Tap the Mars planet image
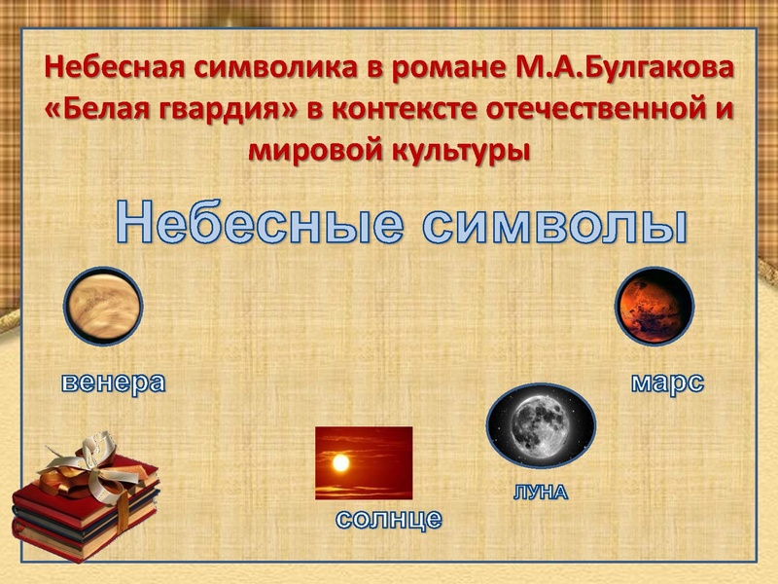point(654,307)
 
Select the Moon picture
point(541,425)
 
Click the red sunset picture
point(364,462)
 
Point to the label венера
point(113,381)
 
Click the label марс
point(667,381)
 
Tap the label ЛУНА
point(540,493)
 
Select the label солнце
point(389,518)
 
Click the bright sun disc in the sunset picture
point(340,463)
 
